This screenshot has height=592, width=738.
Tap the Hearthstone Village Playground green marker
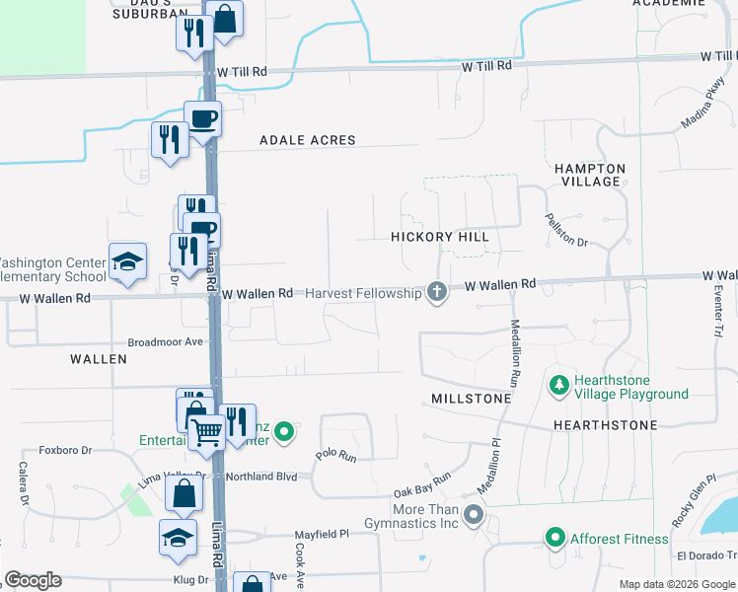click(x=558, y=384)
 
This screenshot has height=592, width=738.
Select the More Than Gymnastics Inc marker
click(x=475, y=515)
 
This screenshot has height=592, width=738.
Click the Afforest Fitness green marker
click(x=554, y=539)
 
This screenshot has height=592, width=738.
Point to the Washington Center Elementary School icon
click(x=127, y=260)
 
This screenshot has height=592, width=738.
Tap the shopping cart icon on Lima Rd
click(x=207, y=431)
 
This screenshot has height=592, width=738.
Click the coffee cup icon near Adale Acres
click(x=203, y=119)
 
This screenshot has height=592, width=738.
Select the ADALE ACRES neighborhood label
click(x=307, y=140)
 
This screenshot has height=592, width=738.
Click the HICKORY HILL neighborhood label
click(x=439, y=237)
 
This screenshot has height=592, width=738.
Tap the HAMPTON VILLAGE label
click(x=590, y=175)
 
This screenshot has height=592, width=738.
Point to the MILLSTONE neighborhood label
click(x=472, y=399)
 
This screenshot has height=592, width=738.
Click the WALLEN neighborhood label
click(x=99, y=359)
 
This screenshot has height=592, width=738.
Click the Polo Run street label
click(x=335, y=455)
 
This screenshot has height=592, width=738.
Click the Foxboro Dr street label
click(x=65, y=450)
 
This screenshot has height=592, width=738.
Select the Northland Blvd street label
click(x=261, y=476)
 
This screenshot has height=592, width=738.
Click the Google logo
click(x=34, y=580)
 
